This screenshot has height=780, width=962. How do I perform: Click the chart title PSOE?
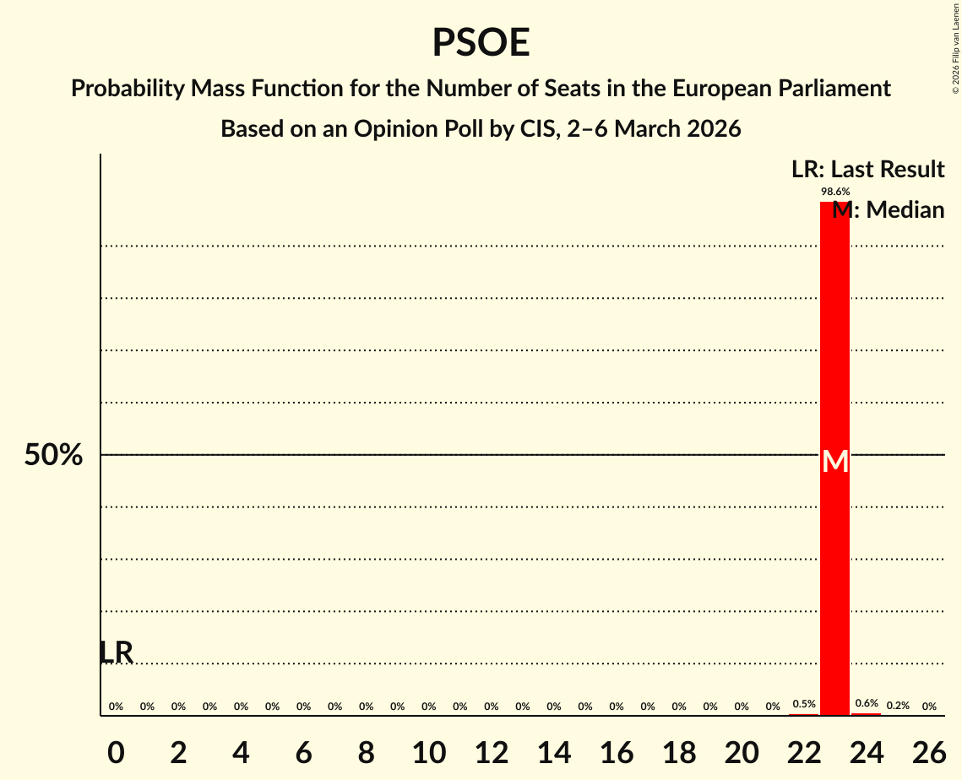(481, 43)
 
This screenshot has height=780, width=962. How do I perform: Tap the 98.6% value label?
(835, 192)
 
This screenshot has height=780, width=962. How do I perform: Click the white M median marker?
(835, 462)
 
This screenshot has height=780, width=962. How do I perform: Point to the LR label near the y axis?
(117, 653)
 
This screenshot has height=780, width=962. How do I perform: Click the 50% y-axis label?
(53, 456)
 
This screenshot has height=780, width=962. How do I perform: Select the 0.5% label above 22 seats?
(803, 704)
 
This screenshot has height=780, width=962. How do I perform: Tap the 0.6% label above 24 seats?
(867, 703)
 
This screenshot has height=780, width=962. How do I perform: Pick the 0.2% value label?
(898, 706)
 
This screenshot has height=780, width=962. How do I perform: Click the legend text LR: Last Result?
(867, 170)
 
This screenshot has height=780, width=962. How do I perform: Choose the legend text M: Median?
(889, 210)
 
